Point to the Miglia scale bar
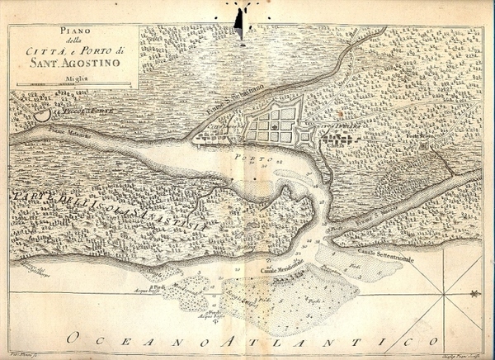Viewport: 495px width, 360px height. [71, 84]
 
